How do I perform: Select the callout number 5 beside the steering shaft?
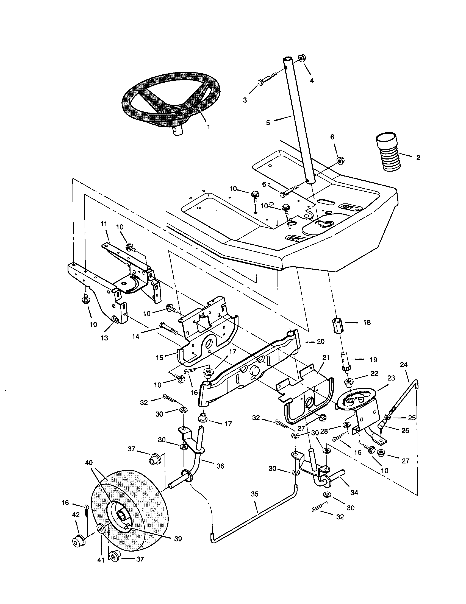[x=268, y=122]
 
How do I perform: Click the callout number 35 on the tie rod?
[x=255, y=494]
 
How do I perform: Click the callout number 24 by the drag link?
[x=404, y=365]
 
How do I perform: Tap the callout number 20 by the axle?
[x=320, y=342]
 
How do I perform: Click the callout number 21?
[x=326, y=357]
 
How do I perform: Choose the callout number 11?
[x=104, y=224]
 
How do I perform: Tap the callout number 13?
[x=104, y=338]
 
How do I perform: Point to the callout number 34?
[x=354, y=493]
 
